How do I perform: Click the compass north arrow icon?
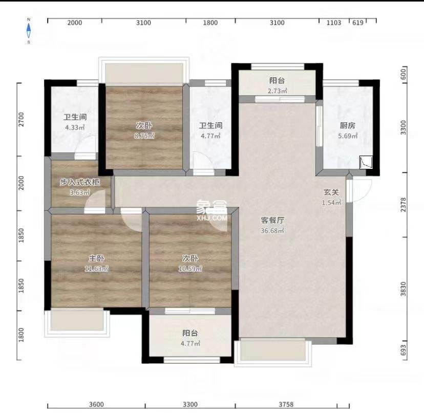pyautogui.click(x=29, y=30)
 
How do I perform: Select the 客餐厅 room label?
pyautogui.click(x=272, y=220)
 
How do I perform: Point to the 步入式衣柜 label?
pyautogui.click(x=79, y=182)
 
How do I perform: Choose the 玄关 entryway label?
pyautogui.click(x=331, y=193)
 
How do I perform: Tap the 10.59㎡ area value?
pyautogui.click(x=191, y=269)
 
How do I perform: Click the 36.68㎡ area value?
pyautogui.click(x=272, y=231)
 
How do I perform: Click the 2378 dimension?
pyautogui.click(x=403, y=205)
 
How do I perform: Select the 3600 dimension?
pyautogui.click(x=96, y=405)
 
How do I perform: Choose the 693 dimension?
pyautogui.click(x=403, y=350)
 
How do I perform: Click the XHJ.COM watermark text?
pyautogui.click(x=211, y=218)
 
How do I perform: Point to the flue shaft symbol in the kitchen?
pyautogui.click(x=366, y=163)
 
